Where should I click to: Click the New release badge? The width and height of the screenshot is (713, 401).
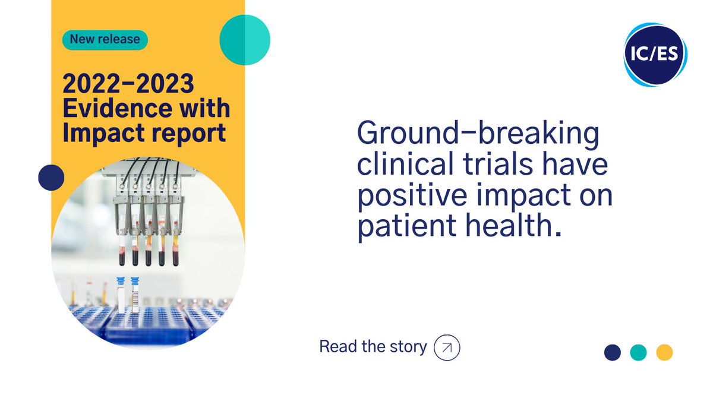(x=105, y=40)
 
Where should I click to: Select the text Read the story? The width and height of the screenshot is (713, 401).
(x=373, y=347)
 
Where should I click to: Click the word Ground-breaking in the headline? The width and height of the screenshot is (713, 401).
(x=478, y=135)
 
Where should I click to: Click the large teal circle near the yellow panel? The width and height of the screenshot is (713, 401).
(x=245, y=39)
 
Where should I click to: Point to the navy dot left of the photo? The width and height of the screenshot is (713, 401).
(x=51, y=176)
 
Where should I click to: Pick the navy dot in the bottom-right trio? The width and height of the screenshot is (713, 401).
(x=612, y=352)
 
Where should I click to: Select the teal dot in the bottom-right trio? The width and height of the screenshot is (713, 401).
(x=638, y=352)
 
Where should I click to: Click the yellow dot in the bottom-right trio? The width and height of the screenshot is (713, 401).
(x=664, y=352)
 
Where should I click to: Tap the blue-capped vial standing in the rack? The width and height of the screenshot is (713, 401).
(x=121, y=294)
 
